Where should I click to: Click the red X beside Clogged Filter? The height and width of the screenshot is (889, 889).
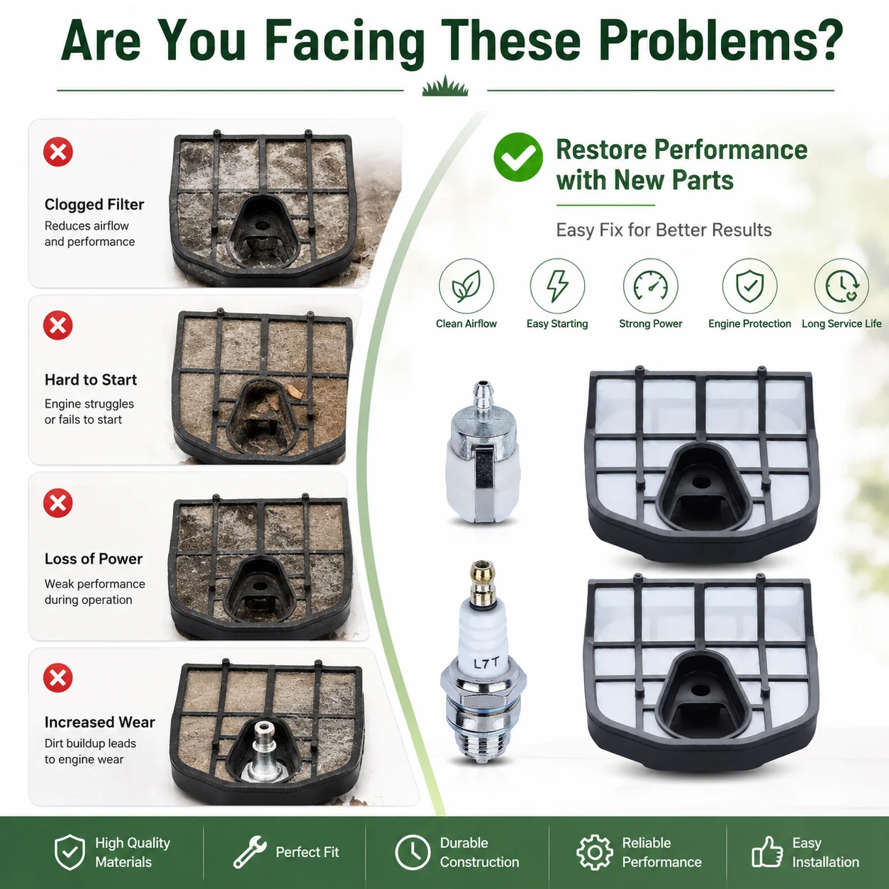[x=58, y=152]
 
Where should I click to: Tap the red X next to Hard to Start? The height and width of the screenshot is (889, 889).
[x=58, y=325]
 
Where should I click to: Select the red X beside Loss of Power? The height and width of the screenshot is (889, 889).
[x=58, y=503]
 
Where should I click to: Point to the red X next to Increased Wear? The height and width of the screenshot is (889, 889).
[x=58, y=678]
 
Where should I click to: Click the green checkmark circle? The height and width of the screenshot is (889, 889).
[x=518, y=157]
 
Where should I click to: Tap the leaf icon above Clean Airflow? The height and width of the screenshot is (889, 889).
[x=466, y=286]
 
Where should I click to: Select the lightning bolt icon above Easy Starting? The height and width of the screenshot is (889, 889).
[x=557, y=286]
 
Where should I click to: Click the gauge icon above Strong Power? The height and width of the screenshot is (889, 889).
[x=651, y=286]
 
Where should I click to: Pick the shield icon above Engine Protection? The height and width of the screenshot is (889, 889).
[x=749, y=286]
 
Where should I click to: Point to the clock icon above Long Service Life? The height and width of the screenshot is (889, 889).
[x=842, y=286]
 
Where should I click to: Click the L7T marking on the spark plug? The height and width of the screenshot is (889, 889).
[x=486, y=664]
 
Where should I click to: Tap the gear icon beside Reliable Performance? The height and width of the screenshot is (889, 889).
[x=595, y=852]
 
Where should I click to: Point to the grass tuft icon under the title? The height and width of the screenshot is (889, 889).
[x=445, y=86]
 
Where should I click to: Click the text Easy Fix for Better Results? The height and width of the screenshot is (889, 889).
[x=664, y=230]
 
